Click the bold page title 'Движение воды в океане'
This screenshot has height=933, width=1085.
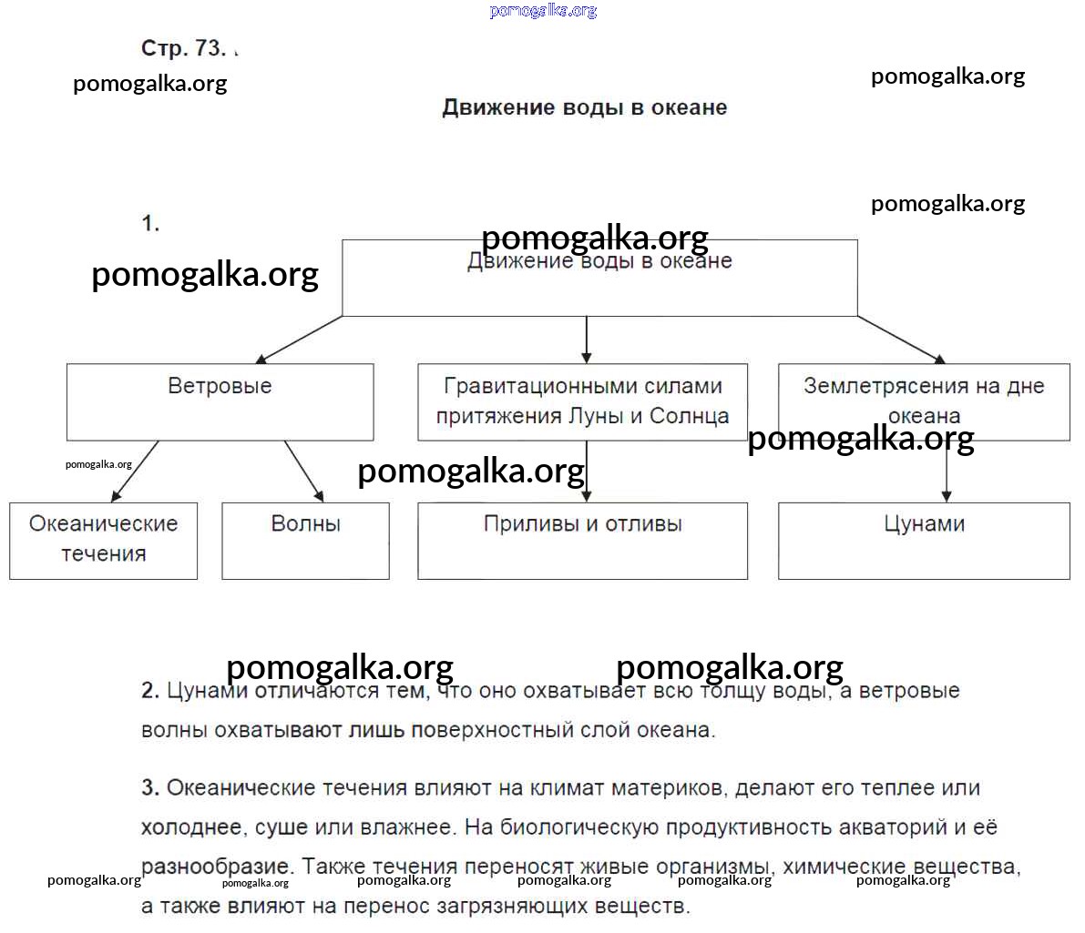pos(584,107)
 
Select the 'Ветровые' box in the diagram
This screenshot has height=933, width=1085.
pos(220,401)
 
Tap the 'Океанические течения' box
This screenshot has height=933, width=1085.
pos(103,540)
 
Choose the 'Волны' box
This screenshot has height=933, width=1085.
pos(305,540)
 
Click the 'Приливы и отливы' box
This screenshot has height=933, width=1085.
pos(582,540)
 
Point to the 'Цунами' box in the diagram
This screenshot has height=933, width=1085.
pos(924,540)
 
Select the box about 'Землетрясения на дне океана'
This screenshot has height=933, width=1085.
pos(924,401)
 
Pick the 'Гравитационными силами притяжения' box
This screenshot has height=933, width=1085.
pos(582,401)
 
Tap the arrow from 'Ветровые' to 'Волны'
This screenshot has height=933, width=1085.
pos(304,472)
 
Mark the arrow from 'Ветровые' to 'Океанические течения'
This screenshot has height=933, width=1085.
pos(135,472)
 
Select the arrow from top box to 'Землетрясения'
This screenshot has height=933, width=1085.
pos(902,340)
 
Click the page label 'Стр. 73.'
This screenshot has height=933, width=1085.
pos(183,47)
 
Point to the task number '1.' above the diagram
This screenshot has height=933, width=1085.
pos(150,223)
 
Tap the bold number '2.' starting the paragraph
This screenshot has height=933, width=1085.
pos(150,691)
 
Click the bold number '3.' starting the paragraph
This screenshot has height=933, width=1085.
pos(150,788)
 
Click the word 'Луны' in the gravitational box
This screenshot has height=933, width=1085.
pos(596,417)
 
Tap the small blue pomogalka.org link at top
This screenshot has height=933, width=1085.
pos(543,11)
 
